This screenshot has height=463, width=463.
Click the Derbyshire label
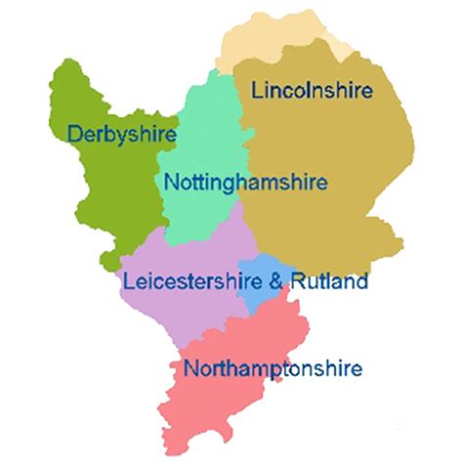tap(121, 133)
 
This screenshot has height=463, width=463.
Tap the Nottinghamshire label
tap(246, 182)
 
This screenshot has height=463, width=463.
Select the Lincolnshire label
tap(312, 91)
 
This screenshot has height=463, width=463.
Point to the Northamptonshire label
tap(272, 369)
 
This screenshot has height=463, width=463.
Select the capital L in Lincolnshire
tap(257, 91)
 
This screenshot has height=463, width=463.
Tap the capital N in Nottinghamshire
tap(171, 182)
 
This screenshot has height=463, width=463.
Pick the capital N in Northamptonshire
tap(189, 369)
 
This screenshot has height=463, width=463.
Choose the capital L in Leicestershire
tap(127, 282)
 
